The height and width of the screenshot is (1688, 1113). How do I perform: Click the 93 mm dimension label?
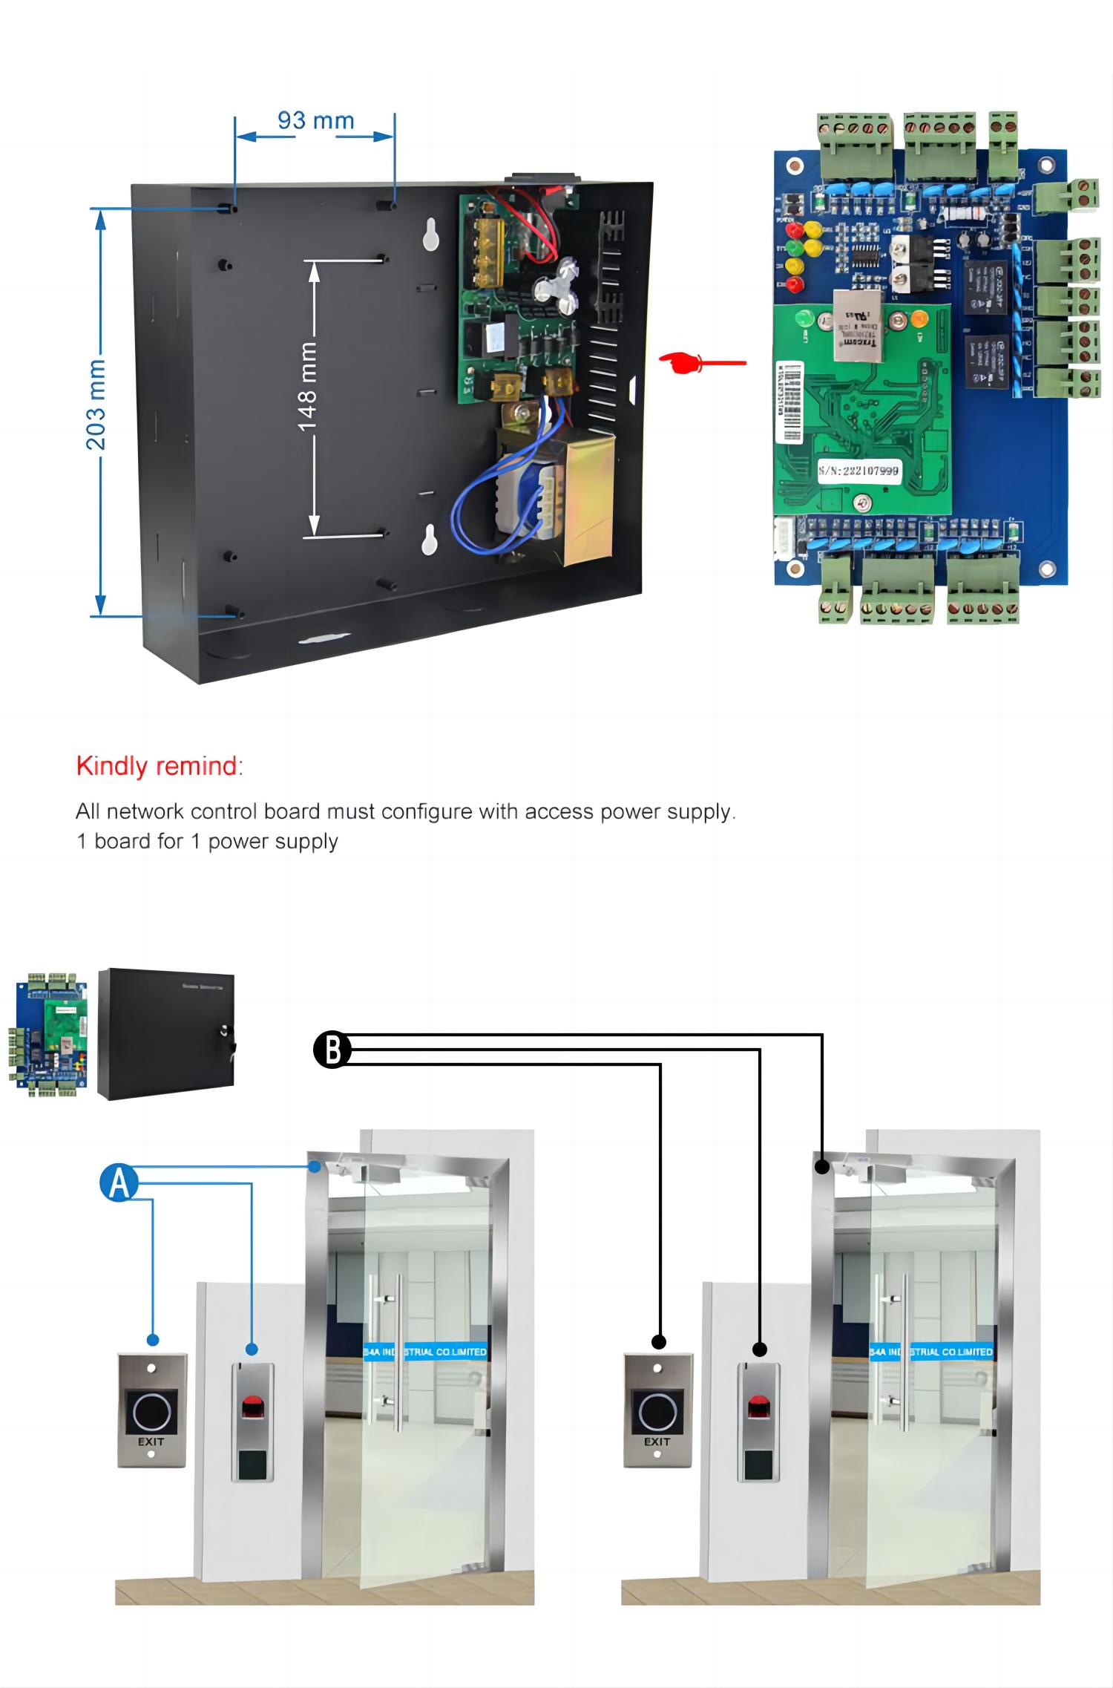315,120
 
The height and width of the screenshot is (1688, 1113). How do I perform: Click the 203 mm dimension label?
96,405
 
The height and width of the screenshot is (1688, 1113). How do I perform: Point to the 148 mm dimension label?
306,386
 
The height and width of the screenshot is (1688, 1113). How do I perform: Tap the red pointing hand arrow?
701,362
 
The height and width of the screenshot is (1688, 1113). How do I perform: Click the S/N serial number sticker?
858,471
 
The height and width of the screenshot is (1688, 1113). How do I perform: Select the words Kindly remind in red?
159,766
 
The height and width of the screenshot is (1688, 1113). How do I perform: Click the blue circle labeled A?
119,1183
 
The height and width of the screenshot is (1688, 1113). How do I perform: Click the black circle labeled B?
332,1050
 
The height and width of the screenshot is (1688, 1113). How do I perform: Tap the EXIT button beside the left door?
151,1410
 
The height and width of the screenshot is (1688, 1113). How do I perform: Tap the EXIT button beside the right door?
657,1410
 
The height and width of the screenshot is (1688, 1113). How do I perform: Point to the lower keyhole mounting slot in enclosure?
430,540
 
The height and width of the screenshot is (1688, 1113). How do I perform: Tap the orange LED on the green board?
919,319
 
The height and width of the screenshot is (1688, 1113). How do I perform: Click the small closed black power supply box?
166,1033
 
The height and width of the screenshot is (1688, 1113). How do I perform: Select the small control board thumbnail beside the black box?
48,1033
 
